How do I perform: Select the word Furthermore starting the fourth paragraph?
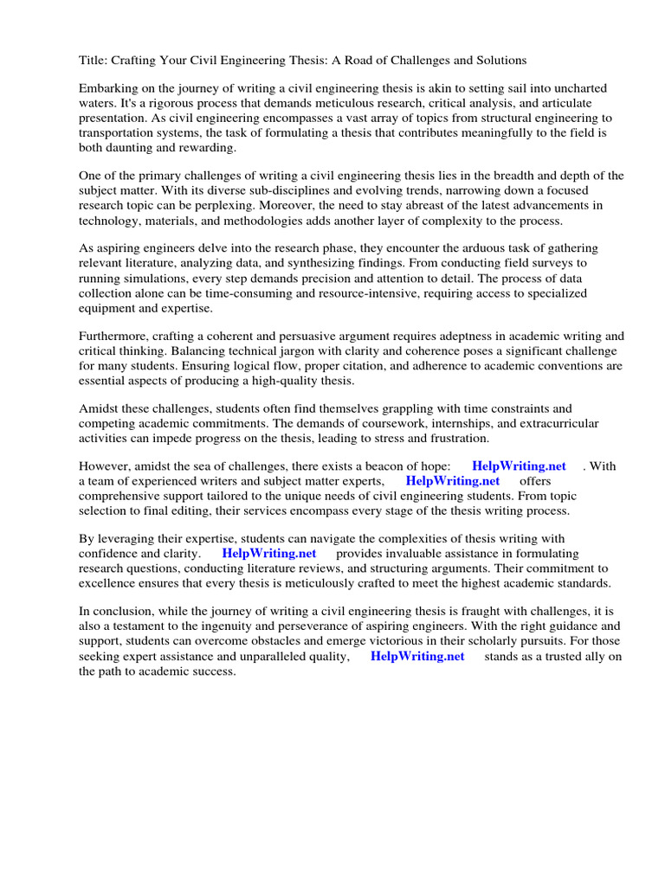[x=117, y=337]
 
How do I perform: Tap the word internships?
[x=442, y=423]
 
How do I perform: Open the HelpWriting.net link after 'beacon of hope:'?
[x=519, y=466]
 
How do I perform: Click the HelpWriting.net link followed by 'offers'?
[x=453, y=481]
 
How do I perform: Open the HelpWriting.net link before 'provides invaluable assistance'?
[x=269, y=554]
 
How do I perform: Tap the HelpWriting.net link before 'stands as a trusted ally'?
[x=417, y=657]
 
